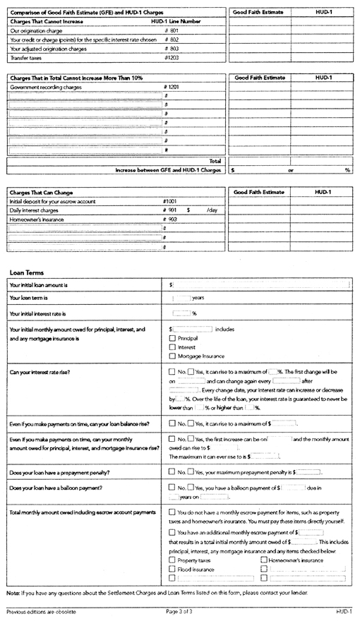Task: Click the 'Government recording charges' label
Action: click(46, 87)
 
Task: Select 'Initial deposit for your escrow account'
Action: click(52, 201)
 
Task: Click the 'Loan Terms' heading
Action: click(27, 272)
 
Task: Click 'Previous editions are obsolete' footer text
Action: click(42, 611)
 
